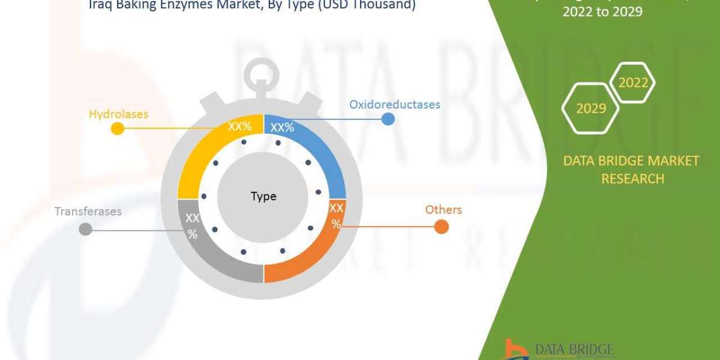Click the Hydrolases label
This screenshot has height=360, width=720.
click(118, 113)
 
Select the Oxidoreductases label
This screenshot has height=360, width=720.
click(395, 104)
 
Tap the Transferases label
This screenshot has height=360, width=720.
click(88, 211)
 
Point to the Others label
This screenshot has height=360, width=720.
click(443, 209)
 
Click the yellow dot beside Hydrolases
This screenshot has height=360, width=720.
click(118, 128)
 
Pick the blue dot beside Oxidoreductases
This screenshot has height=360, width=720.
click(388, 119)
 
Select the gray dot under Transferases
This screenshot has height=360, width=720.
click(86, 229)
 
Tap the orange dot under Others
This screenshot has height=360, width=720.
click(441, 227)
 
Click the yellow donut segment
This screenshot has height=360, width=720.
click(201, 156)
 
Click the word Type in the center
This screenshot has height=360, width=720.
click(263, 196)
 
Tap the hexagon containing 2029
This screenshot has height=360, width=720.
click(590, 108)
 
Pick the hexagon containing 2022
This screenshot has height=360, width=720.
click(632, 83)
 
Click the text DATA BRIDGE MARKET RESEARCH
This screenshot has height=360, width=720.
click(632, 169)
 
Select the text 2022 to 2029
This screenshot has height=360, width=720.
click(602, 11)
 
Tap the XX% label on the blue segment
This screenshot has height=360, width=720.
click(282, 127)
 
